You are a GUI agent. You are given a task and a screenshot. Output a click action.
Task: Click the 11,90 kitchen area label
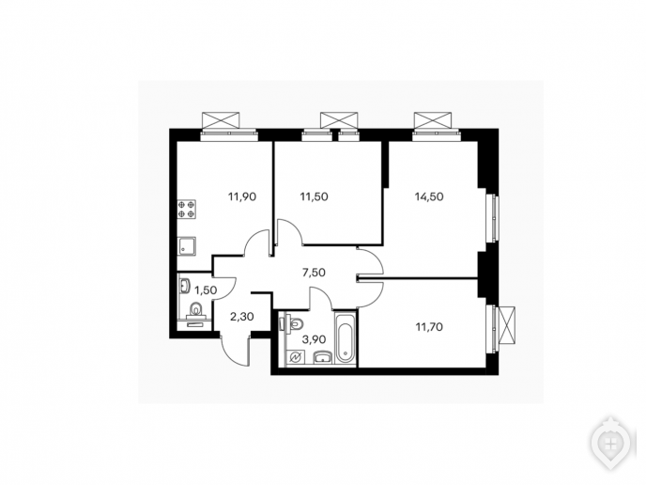(242, 196)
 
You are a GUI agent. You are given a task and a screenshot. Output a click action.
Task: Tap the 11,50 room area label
(314, 196)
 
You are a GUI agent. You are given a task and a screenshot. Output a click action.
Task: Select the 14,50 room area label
(429, 196)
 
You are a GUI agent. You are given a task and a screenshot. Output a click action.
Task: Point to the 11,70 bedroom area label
(429, 327)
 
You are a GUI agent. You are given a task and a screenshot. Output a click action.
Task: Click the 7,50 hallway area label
(314, 273)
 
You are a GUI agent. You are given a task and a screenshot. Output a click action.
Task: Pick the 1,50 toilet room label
(206, 290)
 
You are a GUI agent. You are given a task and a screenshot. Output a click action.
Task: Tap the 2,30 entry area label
(242, 317)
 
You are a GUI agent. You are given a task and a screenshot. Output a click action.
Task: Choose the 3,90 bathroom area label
(314, 340)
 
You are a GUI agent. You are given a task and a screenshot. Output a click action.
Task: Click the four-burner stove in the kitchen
(186, 209)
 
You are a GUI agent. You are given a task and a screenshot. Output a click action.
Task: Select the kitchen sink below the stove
(186, 246)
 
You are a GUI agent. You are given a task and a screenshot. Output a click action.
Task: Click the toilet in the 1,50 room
(194, 310)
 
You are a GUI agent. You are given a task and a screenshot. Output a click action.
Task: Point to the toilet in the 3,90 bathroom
(293, 323)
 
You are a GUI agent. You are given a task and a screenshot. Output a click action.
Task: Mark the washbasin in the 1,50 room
(184, 286)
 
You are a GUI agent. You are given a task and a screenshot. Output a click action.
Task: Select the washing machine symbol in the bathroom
(297, 358)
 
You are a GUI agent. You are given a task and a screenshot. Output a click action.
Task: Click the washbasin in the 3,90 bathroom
(323, 357)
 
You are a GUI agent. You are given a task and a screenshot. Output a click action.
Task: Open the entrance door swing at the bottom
(237, 351)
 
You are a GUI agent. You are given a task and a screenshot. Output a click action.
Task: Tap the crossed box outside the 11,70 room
(506, 325)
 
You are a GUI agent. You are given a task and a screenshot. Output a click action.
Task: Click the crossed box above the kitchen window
(221, 120)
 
